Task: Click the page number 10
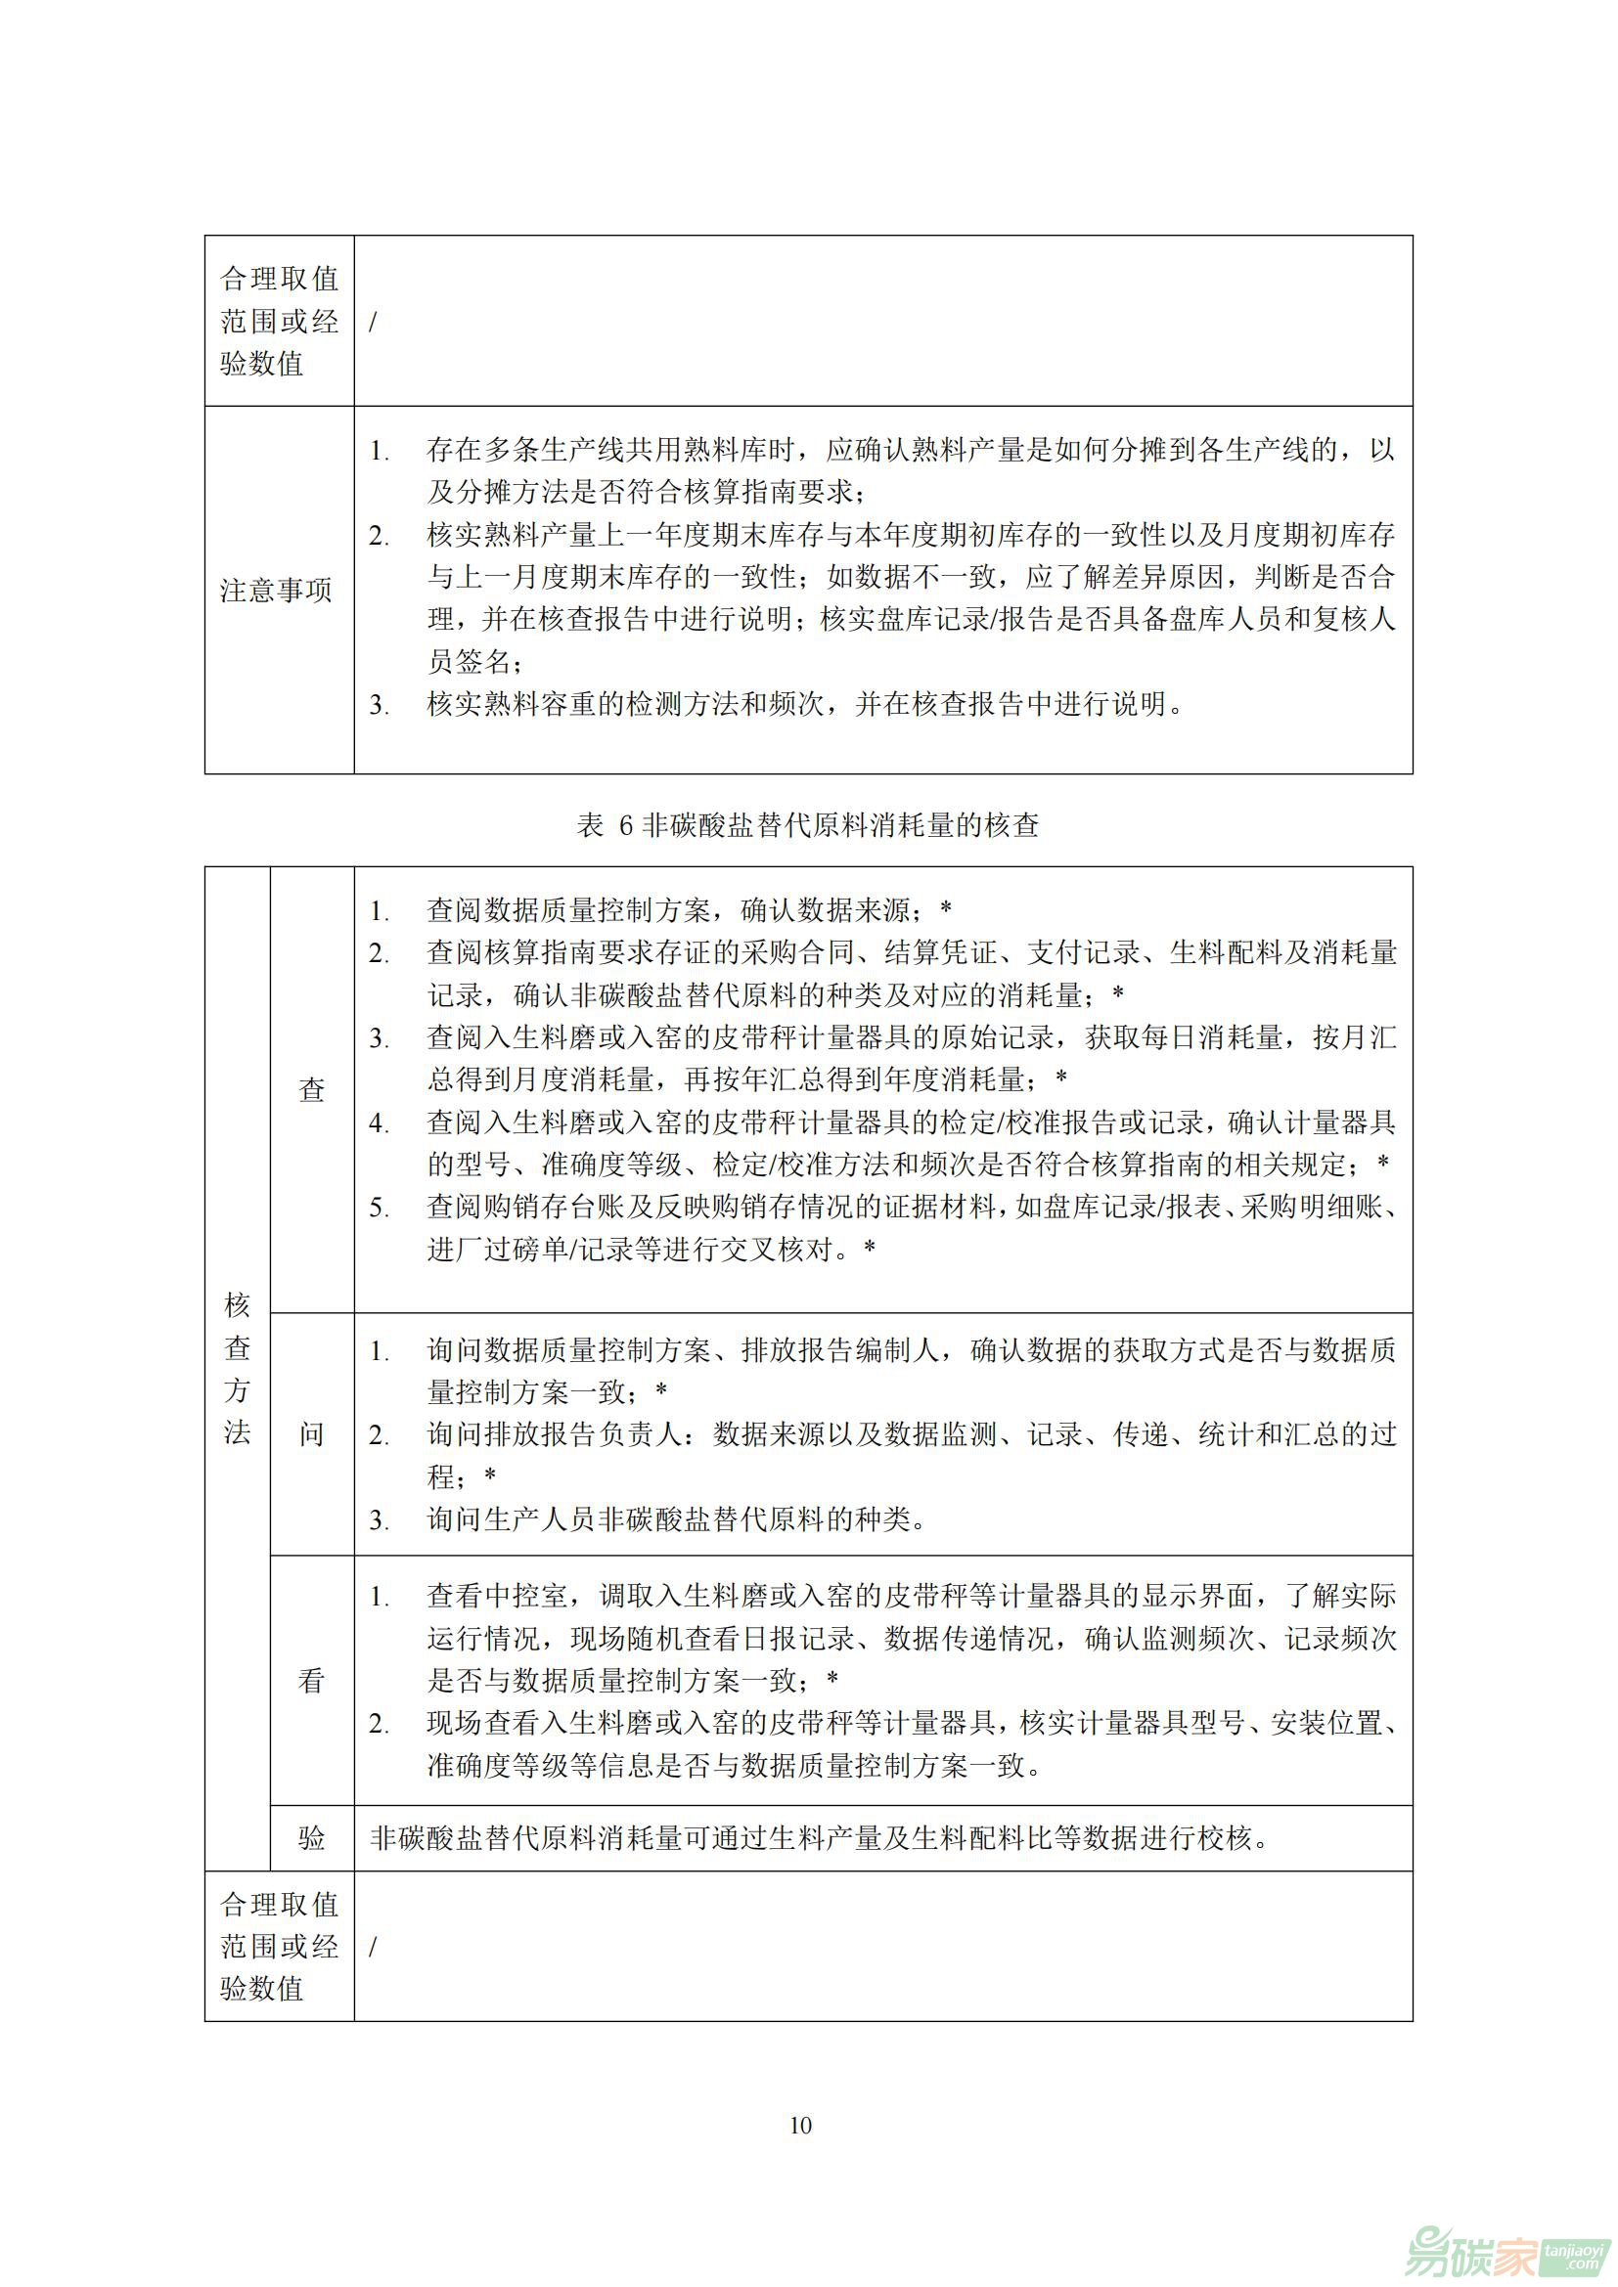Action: [800, 2125]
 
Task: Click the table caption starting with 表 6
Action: [808, 825]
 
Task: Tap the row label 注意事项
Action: [276, 591]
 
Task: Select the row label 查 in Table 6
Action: [312, 1088]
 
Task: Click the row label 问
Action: [312, 1433]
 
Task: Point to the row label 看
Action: [312, 1681]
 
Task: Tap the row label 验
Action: [312, 1838]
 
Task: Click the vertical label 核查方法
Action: [237, 1368]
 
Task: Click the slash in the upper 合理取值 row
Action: [374, 322]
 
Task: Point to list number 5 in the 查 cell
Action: [379, 1208]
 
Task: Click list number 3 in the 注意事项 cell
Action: [379, 705]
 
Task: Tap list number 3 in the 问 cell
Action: [379, 1520]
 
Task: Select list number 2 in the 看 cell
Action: [379, 1723]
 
